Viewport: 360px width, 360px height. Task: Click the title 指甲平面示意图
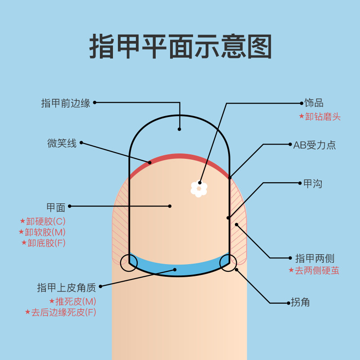pyautogui.click(x=180, y=46)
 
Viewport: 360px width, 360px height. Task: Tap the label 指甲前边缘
pyautogui.click(x=66, y=103)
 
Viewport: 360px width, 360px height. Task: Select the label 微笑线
pyautogui.click(x=62, y=144)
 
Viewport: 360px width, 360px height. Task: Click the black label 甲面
pyautogui.click(x=56, y=207)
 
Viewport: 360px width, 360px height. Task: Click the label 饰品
pyautogui.click(x=314, y=103)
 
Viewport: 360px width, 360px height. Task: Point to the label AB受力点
pyautogui.click(x=315, y=145)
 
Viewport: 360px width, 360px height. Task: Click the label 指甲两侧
pyautogui.click(x=315, y=258)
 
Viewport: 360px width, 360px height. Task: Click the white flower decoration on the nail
pyautogui.click(x=198, y=189)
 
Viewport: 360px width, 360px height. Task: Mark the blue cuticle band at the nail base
pyautogui.click(x=180, y=268)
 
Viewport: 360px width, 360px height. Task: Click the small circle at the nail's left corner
pyautogui.click(x=129, y=263)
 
